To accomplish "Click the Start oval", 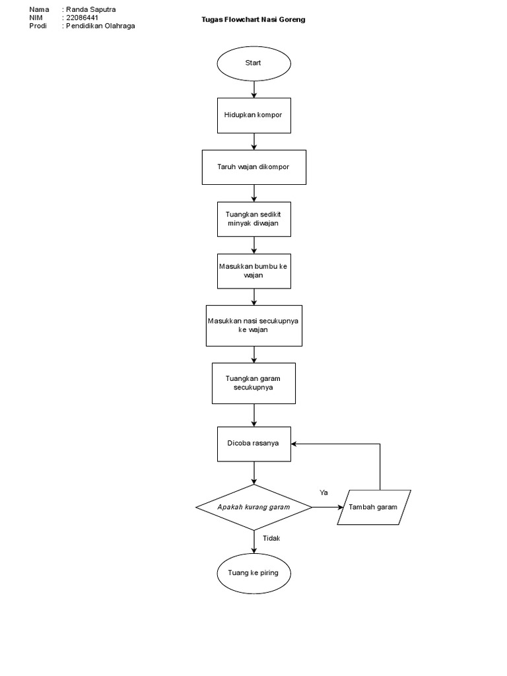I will pos(253,63).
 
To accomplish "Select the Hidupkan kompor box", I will pos(253,115).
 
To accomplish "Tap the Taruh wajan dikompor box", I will pos(253,167).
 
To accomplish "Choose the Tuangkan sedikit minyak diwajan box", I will pos(253,219).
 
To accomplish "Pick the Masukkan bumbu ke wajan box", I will pos(253,271).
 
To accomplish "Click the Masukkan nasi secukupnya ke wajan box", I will pos(253,325).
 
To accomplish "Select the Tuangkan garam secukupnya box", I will pos(253,384).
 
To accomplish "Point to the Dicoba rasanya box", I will pos(253,444).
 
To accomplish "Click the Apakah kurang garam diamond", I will pos(253,507).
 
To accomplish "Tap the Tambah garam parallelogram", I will pos(374,507).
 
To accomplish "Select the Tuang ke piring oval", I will pos(253,572).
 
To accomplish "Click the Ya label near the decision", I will pos(323,492).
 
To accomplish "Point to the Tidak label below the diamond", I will pos(271,538).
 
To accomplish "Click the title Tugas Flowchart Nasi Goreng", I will pos(253,20).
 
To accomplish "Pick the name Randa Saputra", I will pos(90,9).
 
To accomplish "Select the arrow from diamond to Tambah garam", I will pos(327,507).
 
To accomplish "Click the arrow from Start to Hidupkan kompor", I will pos(254,90).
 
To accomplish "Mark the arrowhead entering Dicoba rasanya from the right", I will pos(295,444).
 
